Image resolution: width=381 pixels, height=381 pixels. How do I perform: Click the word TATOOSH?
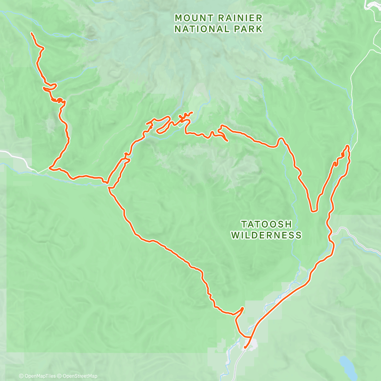coord(266,224)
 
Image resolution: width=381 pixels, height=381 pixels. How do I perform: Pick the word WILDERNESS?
coord(266,235)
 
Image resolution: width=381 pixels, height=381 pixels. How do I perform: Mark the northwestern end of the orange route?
coord(31,34)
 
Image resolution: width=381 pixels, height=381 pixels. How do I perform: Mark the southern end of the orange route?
coord(245,347)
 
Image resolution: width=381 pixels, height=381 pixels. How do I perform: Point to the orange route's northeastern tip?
coord(347,146)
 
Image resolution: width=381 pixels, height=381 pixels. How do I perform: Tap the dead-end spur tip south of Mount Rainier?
coord(227,141)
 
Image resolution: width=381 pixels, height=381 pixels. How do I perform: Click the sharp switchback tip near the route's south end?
coord(243,307)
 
